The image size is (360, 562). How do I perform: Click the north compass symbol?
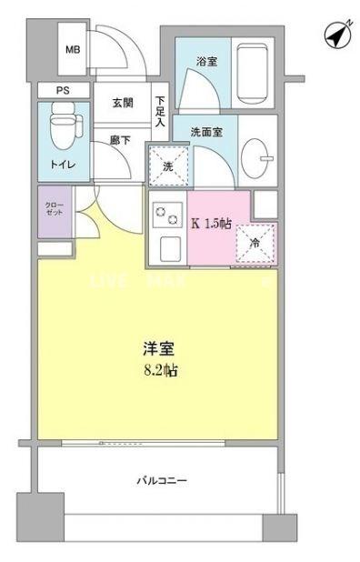(x=338, y=35)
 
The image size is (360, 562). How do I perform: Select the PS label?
(x=63, y=91)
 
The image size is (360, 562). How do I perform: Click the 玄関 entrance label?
(x=123, y=104)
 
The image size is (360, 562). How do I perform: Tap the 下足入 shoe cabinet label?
(x=160, y=110)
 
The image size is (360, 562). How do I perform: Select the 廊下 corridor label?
(x=121, y=141)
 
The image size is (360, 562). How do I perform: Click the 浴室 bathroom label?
(x=206, y=62)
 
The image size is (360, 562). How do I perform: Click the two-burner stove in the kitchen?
(x=167, y=216)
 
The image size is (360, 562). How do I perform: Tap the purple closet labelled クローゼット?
(x=54, y=211)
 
